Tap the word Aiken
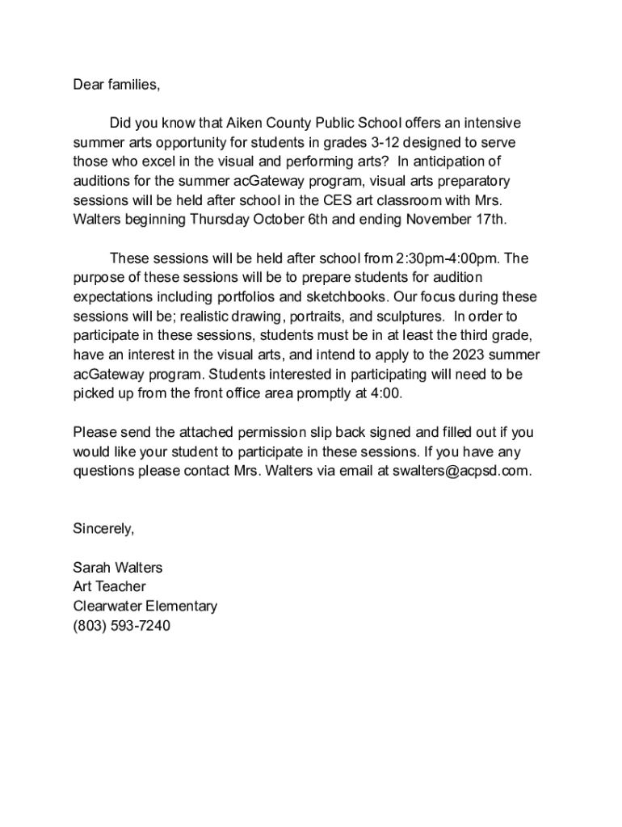243,123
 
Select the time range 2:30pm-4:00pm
447,258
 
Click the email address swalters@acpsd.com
461,471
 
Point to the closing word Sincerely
103,529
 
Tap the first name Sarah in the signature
91,568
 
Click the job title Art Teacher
109,587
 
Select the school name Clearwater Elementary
145,607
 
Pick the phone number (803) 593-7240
121,626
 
